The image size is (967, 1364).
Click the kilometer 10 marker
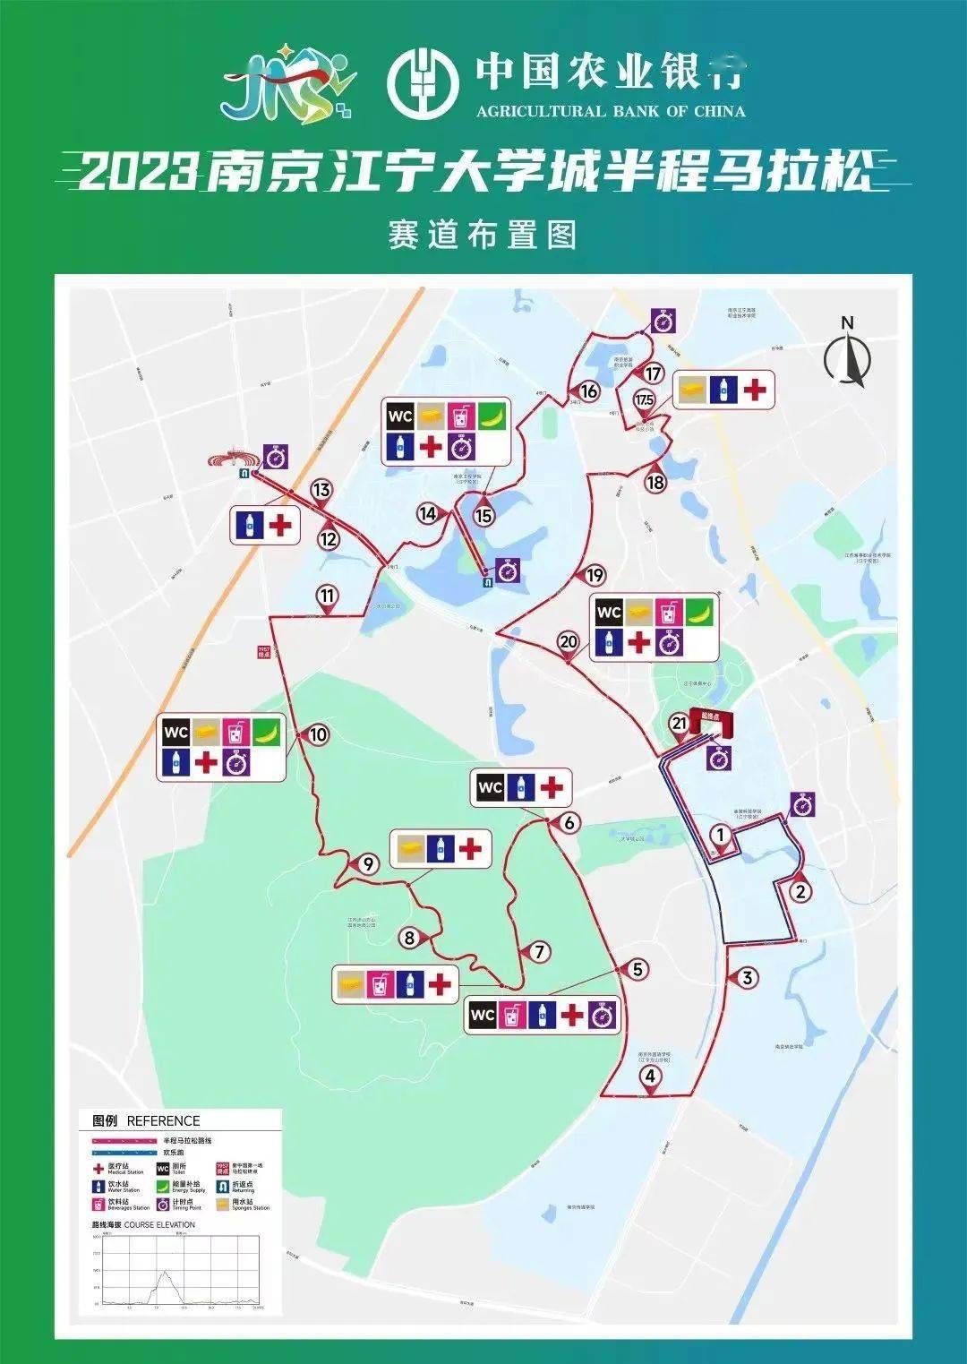coord(318,734)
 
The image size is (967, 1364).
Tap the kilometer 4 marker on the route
coord(651,1077)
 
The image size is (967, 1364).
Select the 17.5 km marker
coord(644,399)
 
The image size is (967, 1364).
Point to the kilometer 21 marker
coord(680,724)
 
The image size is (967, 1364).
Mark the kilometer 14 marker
coord(428,513)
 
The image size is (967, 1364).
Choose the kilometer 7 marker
coord(539,951)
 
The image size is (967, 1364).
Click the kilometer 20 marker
coord(569,641)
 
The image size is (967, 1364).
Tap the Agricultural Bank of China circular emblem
coord(423,81)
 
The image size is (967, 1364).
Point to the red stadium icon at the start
coord(231,460)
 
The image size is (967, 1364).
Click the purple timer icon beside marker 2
coord(803,804)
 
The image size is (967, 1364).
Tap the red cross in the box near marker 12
coord(280,525)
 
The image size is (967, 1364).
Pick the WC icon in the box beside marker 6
coord(491,788)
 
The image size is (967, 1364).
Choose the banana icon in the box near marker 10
coord(266,733)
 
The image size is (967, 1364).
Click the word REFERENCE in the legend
coord(163,1120)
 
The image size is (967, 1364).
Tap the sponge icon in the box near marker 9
coord(411,848)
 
